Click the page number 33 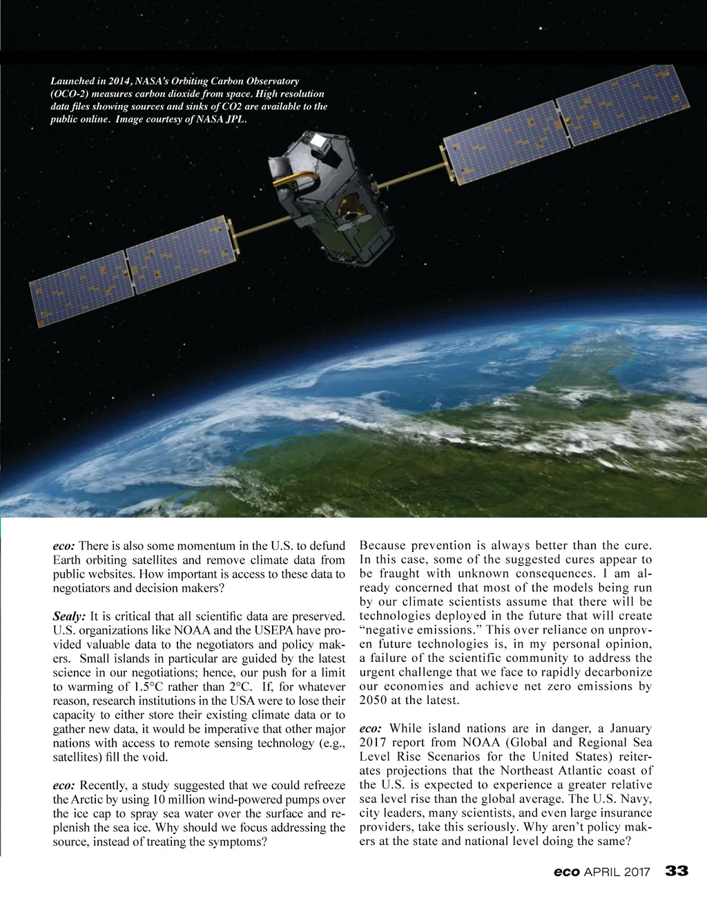(677, 871)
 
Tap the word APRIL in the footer (602, 872)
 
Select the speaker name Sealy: (69, 616)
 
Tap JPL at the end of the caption (235, 119)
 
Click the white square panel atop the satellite (319, 142)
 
